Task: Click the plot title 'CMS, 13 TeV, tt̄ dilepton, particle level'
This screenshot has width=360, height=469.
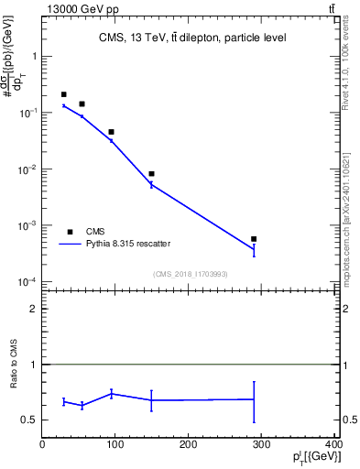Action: click(x=192, y=38)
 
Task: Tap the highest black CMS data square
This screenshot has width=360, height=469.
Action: click(x=63, y=94)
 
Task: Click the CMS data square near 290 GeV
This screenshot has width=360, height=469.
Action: click(x=254, y=239)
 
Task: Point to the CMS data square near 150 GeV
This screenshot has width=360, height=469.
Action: click(x=151, y=174)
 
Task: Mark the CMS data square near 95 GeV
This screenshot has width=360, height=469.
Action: click(x=111, y=132)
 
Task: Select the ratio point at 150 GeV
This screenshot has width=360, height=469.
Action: click(x=151, y=400)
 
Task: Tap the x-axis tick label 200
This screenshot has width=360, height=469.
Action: click(x=188, y=445)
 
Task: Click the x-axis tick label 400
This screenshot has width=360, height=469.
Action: click(x=333, y=445)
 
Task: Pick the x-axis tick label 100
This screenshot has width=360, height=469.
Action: click(x=115, y=445)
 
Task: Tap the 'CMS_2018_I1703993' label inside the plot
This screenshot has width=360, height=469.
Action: click(x=190, y=273)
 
